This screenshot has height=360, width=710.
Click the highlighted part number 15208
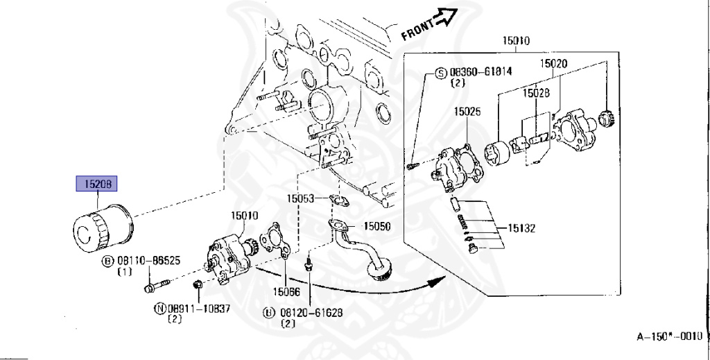point(97,184)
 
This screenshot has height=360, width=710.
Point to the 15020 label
point(553,63)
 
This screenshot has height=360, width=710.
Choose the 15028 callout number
point(536,92)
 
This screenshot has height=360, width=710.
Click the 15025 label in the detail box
point(468,110)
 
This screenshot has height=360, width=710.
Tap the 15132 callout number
point(521,227)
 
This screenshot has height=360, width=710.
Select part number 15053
point(301,198)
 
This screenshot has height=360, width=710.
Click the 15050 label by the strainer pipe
point(377,226)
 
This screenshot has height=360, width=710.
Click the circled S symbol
point(440,72)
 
